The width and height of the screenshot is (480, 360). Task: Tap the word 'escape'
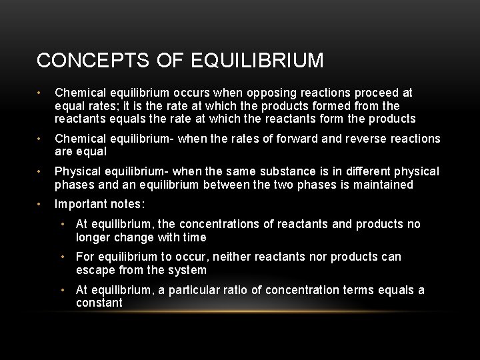[x=95, y=270]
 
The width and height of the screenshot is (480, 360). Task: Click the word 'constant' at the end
[x=99, y=303]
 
